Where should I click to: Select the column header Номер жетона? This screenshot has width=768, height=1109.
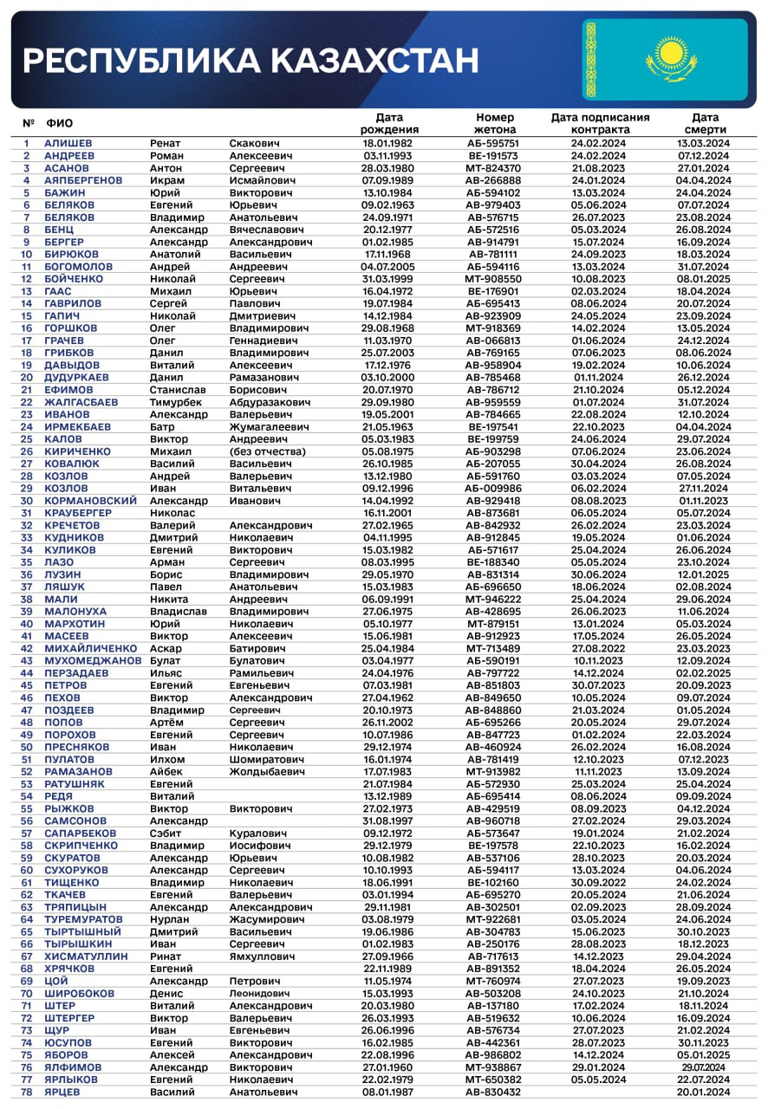(495, 123)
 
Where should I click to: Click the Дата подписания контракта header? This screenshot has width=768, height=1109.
(600, 123)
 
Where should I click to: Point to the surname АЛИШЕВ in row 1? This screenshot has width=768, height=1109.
(68, 144)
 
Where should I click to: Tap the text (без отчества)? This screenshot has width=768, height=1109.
(267, 451)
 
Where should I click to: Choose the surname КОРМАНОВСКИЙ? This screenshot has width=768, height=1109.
(91, 501)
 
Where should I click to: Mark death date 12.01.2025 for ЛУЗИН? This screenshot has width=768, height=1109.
(704, 574)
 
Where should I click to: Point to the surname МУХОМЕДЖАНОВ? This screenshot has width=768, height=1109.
(93, 661)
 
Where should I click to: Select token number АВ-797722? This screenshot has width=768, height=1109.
(494, 673)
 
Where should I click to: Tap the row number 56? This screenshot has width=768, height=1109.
(27, 821)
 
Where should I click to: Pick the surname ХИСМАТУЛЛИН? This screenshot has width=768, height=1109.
(86, 957)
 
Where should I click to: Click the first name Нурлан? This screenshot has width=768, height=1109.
(171, 919)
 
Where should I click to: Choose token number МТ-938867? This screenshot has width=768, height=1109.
(494, 1067)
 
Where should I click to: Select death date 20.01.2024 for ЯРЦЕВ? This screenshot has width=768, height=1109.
(704, 1092)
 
